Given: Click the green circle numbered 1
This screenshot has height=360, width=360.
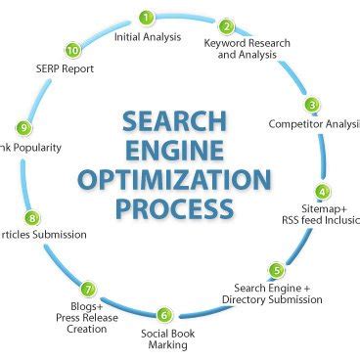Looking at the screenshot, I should (x=146, y=18).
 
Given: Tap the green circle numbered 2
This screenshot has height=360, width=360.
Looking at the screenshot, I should (x=226, y=26).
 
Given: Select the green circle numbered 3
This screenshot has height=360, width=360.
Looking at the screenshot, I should (x=312, y=105).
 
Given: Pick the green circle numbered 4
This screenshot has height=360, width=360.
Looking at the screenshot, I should (x=322, y=192).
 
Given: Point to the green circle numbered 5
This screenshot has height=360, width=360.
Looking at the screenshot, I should (x=277, y=270).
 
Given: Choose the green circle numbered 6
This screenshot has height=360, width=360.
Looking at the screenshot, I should (x=164, y=315).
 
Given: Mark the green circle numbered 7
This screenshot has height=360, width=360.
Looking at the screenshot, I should (x=88, y=290).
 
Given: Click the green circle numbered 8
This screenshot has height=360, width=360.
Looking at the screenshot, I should (x=32, y=218).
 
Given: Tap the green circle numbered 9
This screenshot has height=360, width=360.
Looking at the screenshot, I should (x=23, y=128).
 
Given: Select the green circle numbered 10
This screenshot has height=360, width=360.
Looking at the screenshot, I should (x=72, y=50).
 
